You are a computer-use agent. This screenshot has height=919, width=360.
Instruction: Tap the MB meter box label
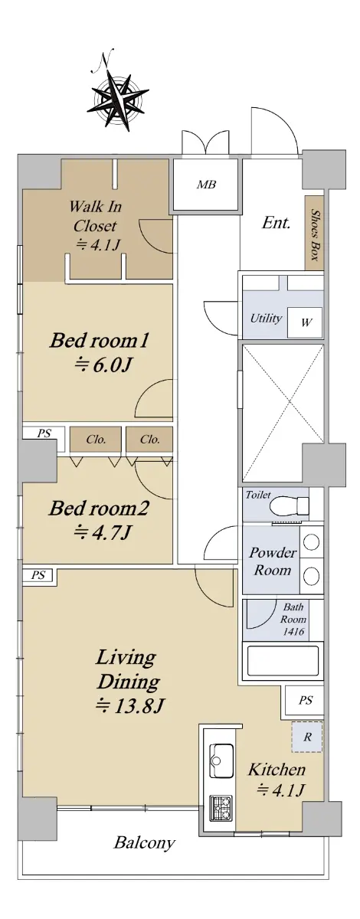click(x=206, y=185)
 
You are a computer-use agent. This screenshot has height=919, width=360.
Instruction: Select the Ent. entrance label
click(x=276, y=223)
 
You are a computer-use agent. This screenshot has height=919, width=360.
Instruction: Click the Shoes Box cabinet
click(x=314, y=233)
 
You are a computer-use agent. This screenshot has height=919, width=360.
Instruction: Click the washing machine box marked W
click(x=305, y=322)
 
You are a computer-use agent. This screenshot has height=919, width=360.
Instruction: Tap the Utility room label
click(x=266, y=319)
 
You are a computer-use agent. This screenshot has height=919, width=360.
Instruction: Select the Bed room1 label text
click(x=99, y=341)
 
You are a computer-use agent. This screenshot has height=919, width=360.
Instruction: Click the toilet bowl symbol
click(x=290, y=505)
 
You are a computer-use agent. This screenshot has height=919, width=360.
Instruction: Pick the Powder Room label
click(x=273, y=561)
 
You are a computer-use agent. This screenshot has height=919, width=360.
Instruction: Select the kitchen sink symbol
click(x=221, y=760)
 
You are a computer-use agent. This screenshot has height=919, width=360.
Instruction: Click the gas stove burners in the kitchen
click(x=221, y=808)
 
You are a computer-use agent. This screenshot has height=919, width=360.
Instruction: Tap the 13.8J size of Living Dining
click(x=130, y=706)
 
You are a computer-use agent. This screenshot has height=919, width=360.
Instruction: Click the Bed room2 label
click(x=99, y=509)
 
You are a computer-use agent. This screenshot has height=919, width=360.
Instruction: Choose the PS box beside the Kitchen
click(x=305, y=700)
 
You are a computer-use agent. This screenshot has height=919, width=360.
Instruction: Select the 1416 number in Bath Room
click(x=293, y=631)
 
